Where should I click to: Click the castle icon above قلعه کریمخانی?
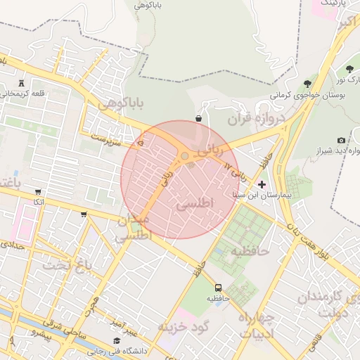[23, 83]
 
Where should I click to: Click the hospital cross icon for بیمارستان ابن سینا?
[262, 184]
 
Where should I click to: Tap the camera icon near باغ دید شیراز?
[342, 141]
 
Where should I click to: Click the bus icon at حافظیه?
[219, 287]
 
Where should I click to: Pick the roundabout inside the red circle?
[185, 156]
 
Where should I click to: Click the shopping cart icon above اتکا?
[37, 192]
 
